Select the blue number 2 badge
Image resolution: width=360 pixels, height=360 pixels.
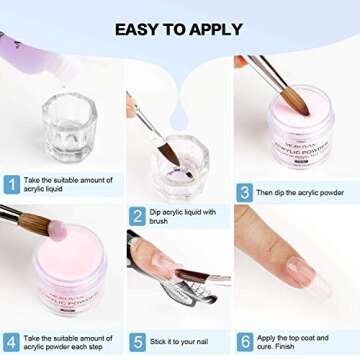137,215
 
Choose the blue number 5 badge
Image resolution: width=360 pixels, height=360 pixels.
137,341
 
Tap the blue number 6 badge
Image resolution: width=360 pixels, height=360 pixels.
244,341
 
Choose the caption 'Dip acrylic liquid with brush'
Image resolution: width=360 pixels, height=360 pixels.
184,215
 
